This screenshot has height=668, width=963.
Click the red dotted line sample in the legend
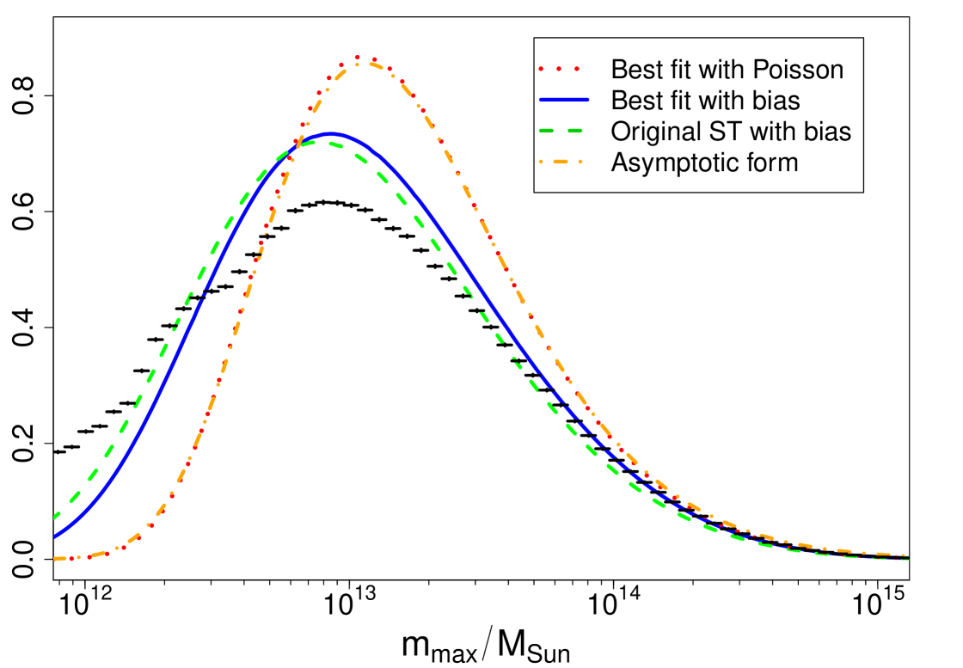[x=559, y=69]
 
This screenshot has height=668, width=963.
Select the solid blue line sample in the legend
[x=564, y=100]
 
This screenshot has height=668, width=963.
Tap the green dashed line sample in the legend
[x=561, y=131]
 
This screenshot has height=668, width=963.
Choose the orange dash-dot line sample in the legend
[x=561, y=162]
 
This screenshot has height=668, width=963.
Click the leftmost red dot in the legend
[x=541, y=69]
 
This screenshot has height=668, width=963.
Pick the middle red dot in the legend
[x=559, y=69]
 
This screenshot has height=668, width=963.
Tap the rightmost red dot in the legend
[x=577, y=69]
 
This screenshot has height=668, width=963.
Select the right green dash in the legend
[x=574, y=131]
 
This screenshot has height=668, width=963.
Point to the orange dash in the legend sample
[x=561, y=162]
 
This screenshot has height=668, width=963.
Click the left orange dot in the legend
[x=541, y=162]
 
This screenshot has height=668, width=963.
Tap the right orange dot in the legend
[x=580, y=162]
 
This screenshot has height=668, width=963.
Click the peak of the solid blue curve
[x=332, y=134]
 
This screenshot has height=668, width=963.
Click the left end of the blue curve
[x=55, y=536]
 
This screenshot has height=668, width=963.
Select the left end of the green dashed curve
[x=55, y=517]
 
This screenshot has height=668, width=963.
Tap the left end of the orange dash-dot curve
[x=55, y=559]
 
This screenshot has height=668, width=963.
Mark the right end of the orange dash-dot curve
[x=906, y=556]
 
